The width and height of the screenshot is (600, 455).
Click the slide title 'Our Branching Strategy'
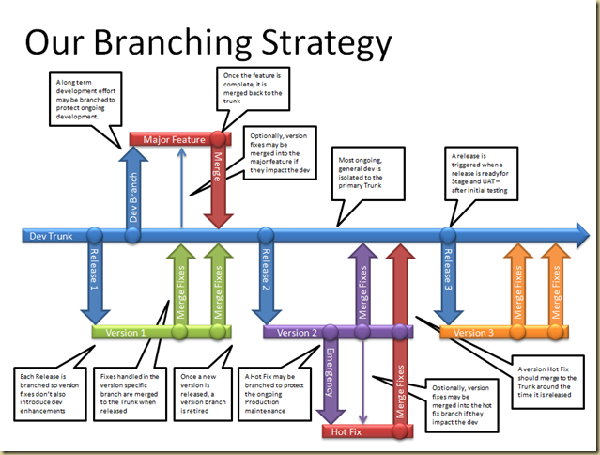207,42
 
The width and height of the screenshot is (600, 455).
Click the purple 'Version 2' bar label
299,332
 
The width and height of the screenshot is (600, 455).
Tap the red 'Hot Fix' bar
352,431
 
